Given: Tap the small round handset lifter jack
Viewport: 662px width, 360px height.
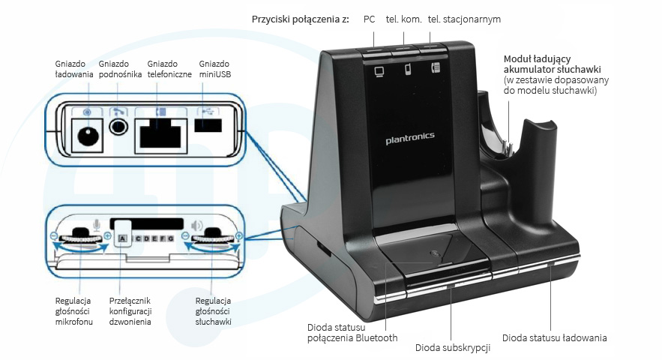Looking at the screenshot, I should pyautogui.click(x=118, y=125).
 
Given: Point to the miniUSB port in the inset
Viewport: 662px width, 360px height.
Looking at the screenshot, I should pyautogui.click(x=209, y=125).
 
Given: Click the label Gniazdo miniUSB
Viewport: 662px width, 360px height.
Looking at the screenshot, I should pyautogui.click(x=214, y=68).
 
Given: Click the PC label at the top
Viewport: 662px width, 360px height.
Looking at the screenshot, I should pyautogui.click(x=370, y=18).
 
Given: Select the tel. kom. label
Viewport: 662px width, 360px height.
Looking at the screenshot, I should pyautogui.click(x=403, y=18).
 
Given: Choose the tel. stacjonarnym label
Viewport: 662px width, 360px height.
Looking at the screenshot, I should pyautogui.click(x=464, y=18).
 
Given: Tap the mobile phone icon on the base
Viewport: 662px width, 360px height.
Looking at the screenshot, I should pyautogui.click(x=409, y=70).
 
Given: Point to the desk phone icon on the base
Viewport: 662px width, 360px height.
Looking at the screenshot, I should pyautogui.click(x=436, y=69).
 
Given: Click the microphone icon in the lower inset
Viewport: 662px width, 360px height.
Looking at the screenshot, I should pyautogui.click(x=96, y=223).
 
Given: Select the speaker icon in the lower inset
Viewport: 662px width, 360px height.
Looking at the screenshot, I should pyautogui.click(x=197, y=225).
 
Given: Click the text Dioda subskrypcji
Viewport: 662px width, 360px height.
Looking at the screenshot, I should pyautogui.click(x=452, y=347).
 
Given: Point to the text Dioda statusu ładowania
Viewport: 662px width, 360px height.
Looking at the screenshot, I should pyautogui.click(x=554, y=337).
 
